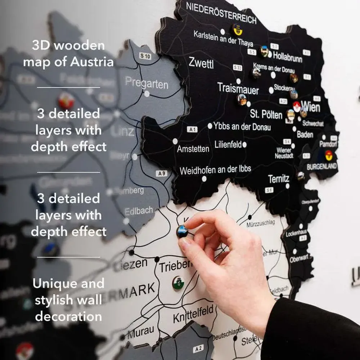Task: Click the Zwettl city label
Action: click(201, 63)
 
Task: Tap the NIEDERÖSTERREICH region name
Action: click(221, 13)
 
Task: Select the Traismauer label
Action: click(238, 88)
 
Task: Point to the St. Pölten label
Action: click(266, 115)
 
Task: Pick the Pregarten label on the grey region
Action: click(147, 83)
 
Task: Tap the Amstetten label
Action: click(193, 148)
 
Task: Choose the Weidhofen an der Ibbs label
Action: click(215, 170)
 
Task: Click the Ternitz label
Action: click(279, 179)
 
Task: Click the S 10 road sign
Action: click(145, 56)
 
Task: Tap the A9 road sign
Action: click(162, 174)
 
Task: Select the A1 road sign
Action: click(192, 129)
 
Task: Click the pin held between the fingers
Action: click(182, 231)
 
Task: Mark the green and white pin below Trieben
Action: click(178, 283)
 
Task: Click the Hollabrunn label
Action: click(287, 56)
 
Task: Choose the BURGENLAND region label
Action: click(321, 167)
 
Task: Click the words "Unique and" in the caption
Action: click(68, 284)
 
